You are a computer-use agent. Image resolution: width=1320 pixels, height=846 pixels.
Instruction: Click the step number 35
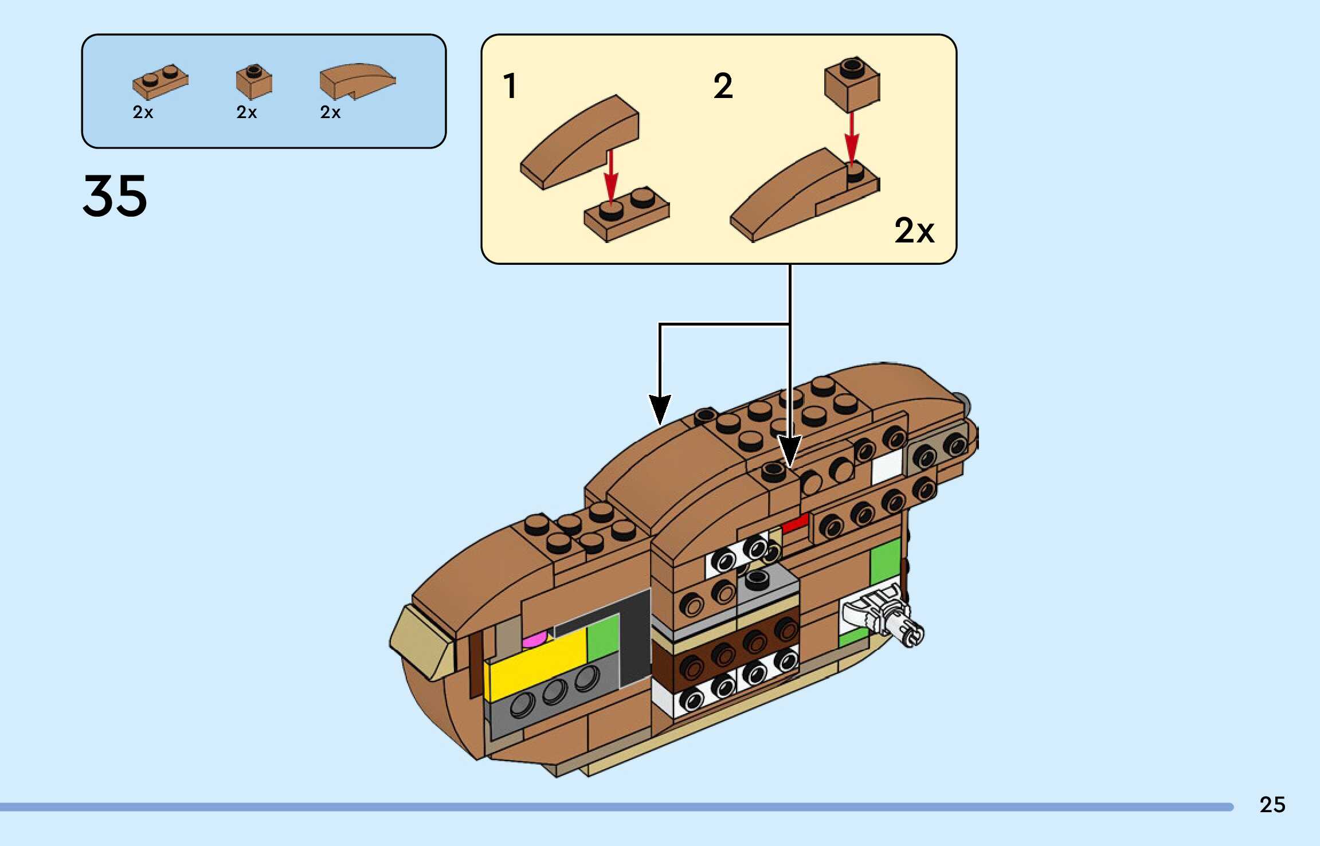[x=115, y=196]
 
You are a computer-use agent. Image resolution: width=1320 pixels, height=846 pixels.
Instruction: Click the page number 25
[x=1272, y=805]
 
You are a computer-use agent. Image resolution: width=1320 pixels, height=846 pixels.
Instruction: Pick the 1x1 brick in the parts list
[x=254, y=81]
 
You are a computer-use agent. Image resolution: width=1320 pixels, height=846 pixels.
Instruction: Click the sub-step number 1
[x=510, y=87]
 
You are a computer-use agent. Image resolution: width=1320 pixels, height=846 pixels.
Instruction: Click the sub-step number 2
[x=723, y=87]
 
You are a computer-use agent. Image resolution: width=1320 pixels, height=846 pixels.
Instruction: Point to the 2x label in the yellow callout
[x=914, y=231]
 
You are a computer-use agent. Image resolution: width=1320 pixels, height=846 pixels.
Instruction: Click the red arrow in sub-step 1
[x=611, y=175]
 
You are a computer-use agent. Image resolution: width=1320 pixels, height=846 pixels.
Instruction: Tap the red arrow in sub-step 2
[x=852, y=138]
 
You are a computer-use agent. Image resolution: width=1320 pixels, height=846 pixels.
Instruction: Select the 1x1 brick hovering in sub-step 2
[x=852, y=84]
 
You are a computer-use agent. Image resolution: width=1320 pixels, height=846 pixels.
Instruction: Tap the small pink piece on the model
[x=535, y=640]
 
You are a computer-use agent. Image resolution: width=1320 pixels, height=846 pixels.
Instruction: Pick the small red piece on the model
[x=795, y=523]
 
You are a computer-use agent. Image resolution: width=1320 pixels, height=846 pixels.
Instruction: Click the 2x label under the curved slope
[x=330, y=112]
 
